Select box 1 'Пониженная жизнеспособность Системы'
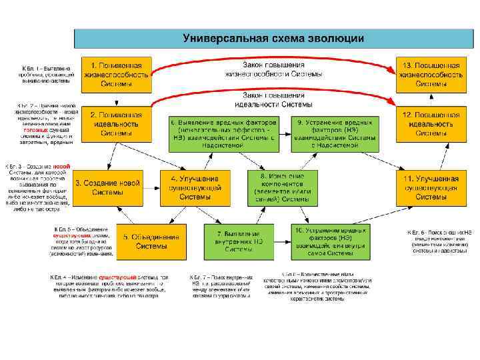116,74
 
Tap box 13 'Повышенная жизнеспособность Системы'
429,74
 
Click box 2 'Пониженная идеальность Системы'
116,123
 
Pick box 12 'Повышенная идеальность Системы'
429,123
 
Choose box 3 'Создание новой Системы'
107,187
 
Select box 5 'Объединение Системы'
147,241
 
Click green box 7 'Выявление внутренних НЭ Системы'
239,241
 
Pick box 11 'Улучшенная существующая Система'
429,187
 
